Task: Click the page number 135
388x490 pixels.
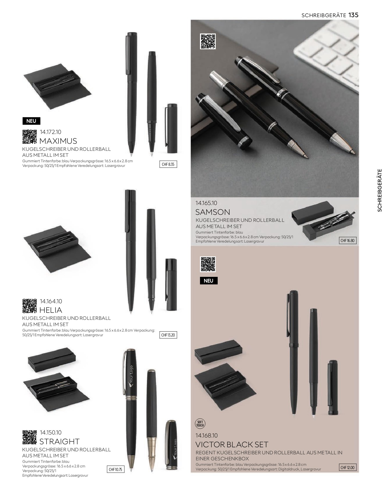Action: tap(353, 15)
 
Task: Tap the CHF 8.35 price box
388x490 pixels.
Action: tap(168, 164)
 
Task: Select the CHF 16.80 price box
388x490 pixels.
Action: tap(348, 241)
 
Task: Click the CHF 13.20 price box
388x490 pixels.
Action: tap(168, 335)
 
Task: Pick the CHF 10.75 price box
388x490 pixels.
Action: tap(116, 469)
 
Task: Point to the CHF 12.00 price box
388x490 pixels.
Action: tap(348, 467)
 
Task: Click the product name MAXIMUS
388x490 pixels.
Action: tap(58, 141)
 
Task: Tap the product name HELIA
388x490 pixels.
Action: tap(51, 310)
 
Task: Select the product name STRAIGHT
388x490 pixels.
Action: tap(60, 441)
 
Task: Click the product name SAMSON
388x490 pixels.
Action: tap(213, 212)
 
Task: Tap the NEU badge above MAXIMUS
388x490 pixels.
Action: tap(31, 121)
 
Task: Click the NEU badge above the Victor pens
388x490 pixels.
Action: tap(208, 281)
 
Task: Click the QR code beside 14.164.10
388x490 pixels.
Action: tap(30, 306)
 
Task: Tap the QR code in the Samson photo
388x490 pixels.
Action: tap(208, 41)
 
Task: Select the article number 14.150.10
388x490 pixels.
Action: tap(51, 432)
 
